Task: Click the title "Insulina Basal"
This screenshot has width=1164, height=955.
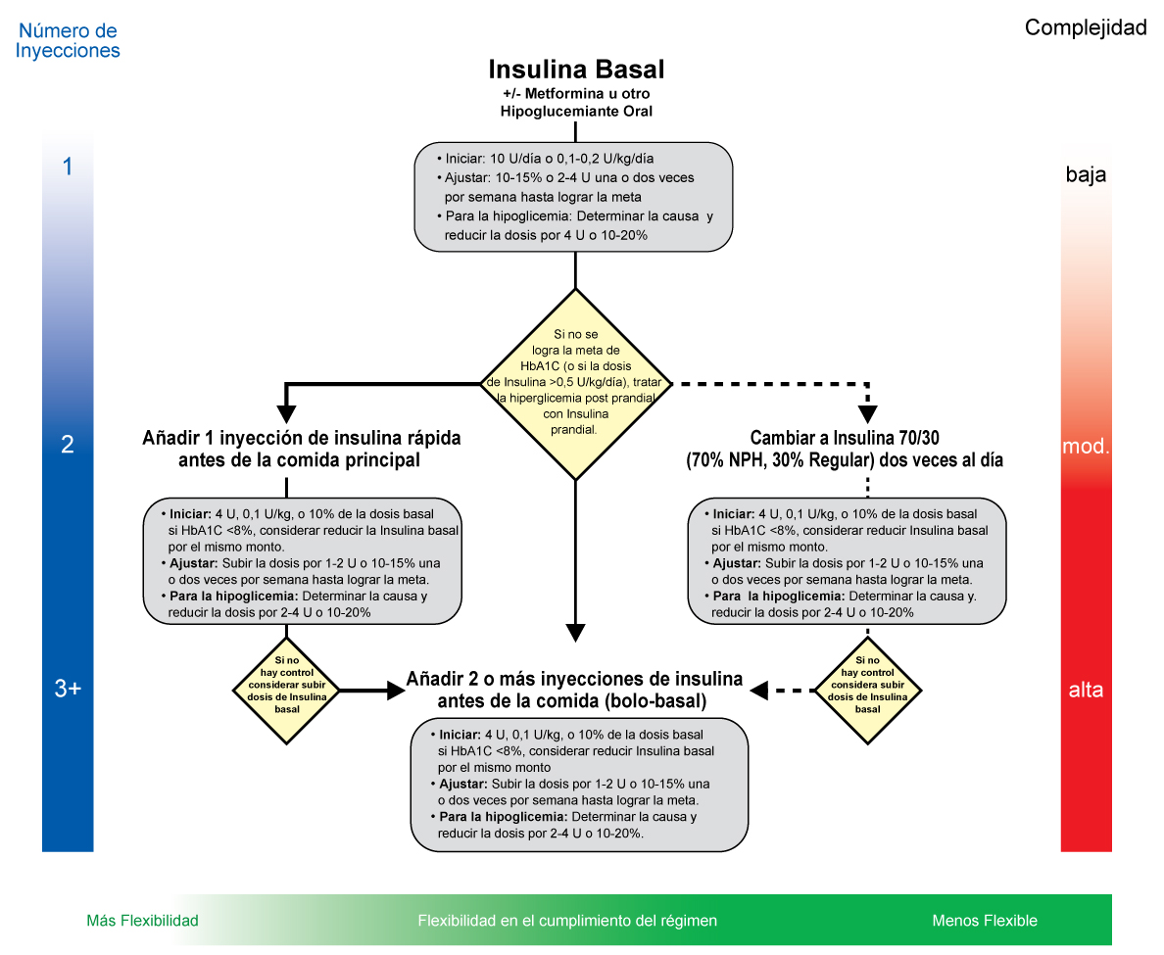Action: coord(576,69)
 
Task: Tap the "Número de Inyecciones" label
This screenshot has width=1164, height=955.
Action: coord(68,41)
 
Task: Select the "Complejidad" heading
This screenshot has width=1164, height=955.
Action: coord(1086,27)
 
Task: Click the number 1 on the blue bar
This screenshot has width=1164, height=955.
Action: coord(68,167)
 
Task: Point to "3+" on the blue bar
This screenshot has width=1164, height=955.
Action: coord(68,689)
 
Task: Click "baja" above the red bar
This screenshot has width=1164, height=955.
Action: coord(1086,174)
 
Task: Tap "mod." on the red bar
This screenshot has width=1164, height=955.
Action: coord(1086,446)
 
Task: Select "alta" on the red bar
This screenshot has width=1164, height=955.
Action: coord(1086,691)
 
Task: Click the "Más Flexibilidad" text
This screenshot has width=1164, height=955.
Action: coord(142,921)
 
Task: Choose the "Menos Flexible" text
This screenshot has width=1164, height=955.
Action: coord(985,921)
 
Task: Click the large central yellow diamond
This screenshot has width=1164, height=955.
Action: coord(576,384)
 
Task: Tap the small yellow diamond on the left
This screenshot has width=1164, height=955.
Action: coord(286,691)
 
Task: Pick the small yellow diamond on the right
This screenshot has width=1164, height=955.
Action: coord(868,691)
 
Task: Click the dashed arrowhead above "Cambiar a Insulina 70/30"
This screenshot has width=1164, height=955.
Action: coord(868,414)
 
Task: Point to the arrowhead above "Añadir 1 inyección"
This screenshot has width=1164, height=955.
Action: coord(286,414)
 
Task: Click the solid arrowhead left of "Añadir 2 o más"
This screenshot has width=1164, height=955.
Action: coord(396,691)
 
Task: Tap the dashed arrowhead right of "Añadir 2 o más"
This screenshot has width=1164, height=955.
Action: coord(758,691)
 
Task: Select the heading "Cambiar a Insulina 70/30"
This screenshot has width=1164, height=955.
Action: coord(845,438)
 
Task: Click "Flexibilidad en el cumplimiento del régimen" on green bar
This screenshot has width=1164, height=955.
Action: coord(567,921)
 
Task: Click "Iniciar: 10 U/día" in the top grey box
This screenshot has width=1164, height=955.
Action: coord(493,158)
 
